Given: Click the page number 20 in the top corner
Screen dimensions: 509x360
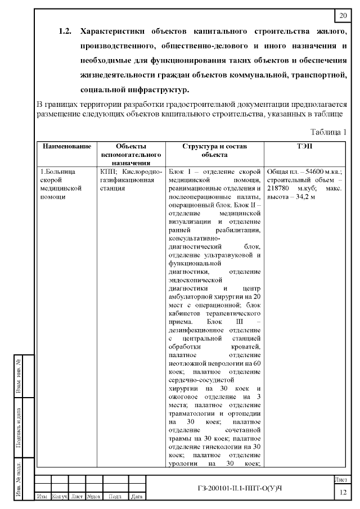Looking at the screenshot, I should (343, 15).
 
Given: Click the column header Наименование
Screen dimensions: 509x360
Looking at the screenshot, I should (67, 146).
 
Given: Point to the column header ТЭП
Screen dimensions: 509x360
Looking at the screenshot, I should (305, 146).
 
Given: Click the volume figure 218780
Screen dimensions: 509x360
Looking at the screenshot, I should (280, 188).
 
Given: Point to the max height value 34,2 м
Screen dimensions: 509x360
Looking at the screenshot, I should (303, 197).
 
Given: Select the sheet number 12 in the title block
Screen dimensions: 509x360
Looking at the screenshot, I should (343, 493).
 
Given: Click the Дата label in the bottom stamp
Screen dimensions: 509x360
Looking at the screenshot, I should (136, 497).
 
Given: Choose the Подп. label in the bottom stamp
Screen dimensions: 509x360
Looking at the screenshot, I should (115, 497).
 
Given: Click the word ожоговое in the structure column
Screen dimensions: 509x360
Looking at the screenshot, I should (186, 398).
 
